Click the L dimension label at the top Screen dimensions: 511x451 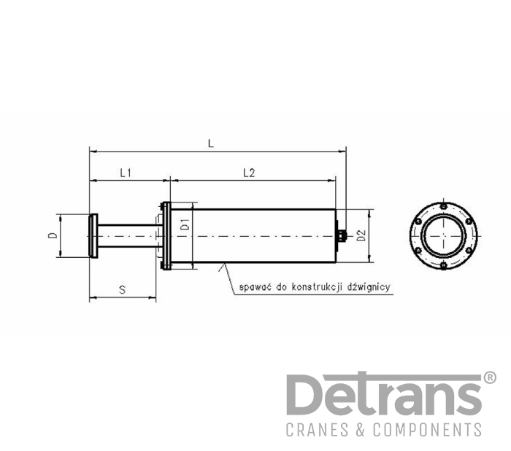click(x=211, y=144)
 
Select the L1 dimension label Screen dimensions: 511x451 click(x=126, y=173)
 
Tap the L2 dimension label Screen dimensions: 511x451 click(x=249, y=173)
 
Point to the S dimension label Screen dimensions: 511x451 click(x=122, y=289)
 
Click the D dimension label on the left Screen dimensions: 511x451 click(x=53, y=235)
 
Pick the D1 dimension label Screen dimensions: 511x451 click(x=185, y=224)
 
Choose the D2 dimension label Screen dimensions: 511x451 click(x=361, y=235)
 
